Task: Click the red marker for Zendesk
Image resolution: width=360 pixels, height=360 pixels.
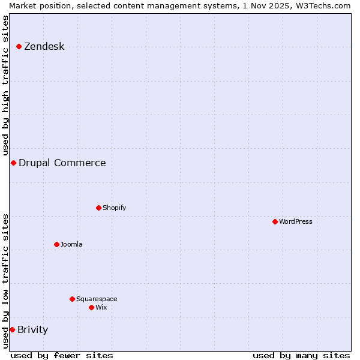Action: click(19, 46)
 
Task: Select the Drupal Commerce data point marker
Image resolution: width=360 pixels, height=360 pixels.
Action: click(13, 163)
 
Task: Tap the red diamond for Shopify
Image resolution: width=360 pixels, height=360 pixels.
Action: click(98, 208)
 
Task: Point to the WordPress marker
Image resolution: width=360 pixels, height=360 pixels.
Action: click(275, 221)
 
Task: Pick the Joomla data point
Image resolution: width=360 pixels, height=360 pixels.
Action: click(56, 244)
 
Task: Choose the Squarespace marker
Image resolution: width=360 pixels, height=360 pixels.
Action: click(72, 299)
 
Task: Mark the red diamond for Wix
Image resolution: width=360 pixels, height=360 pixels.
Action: click(91, 307)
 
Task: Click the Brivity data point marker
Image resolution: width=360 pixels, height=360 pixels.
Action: click(12, 329)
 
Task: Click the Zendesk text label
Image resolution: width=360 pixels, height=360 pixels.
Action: click(44, 46)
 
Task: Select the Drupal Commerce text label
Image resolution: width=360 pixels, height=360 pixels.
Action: click(62, 163)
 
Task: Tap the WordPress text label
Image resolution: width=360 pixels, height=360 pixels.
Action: click(296, 221)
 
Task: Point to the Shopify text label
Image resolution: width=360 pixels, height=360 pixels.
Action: click(114, 208)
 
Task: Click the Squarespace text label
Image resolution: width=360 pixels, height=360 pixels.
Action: click(97, 299)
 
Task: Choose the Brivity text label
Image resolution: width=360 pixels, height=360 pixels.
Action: click(32, 329)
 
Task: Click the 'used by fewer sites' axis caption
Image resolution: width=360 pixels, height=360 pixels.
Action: click(62, 355)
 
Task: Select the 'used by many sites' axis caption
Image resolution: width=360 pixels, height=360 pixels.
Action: click(301, 355)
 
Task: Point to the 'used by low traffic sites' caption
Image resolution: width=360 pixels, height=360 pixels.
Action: click(5, 281)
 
